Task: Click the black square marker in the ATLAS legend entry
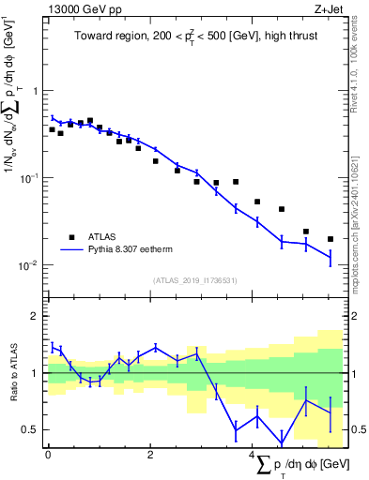(x=70, y=237)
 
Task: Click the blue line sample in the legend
(x=70, y=250)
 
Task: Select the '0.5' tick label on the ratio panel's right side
(x=357, y=429)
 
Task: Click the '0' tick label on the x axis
(x=48, y=455)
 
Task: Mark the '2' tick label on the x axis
(x=150, y=455)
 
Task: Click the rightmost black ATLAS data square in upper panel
(x=330, y=239)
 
